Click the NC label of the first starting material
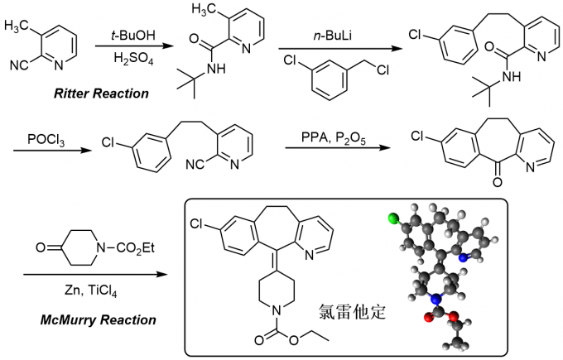(22, 63)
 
